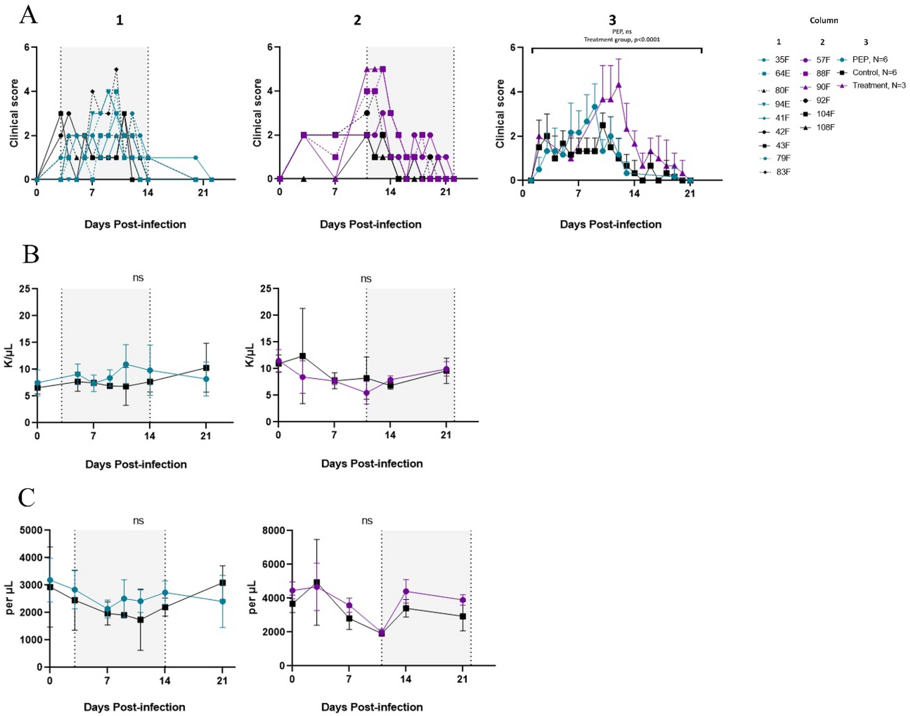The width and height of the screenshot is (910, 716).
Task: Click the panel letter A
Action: [28, 15]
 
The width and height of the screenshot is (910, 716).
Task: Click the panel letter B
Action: [30, 254]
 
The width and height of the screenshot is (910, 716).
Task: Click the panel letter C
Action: [27, 497]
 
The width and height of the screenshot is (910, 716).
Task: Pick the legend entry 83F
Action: [782, 172]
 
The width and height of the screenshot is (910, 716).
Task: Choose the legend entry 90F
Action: [823, 86]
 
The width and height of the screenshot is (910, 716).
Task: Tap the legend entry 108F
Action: [825, 127]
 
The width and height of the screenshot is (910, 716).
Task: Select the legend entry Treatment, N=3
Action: [879, 85]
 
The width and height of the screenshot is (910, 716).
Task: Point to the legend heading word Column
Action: [824, 20]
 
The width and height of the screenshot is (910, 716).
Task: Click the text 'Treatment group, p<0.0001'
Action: [622, 40]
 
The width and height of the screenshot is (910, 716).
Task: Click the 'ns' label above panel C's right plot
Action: [367, 520]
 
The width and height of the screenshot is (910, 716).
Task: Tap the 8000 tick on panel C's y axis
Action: [274, 530]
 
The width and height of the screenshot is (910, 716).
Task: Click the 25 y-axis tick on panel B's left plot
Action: [24, 289]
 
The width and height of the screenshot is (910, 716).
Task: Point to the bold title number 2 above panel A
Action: [357, 20]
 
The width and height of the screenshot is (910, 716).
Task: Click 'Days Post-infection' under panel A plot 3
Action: [610, 224]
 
